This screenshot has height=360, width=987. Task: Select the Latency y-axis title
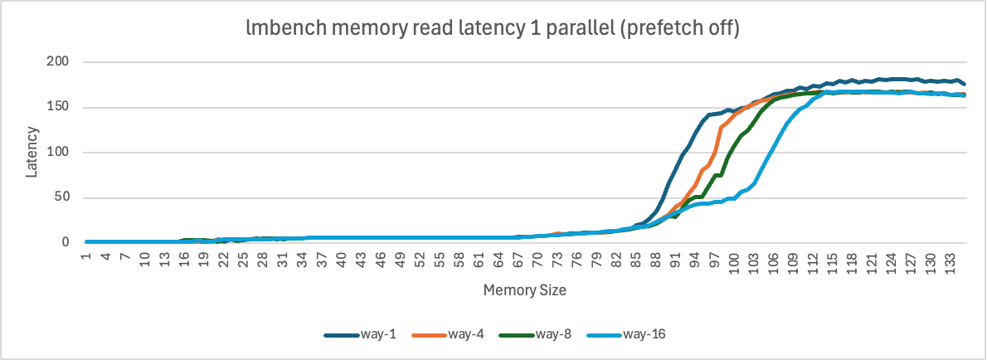click(32, 152)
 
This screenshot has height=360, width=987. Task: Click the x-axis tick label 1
click(86, 255)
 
